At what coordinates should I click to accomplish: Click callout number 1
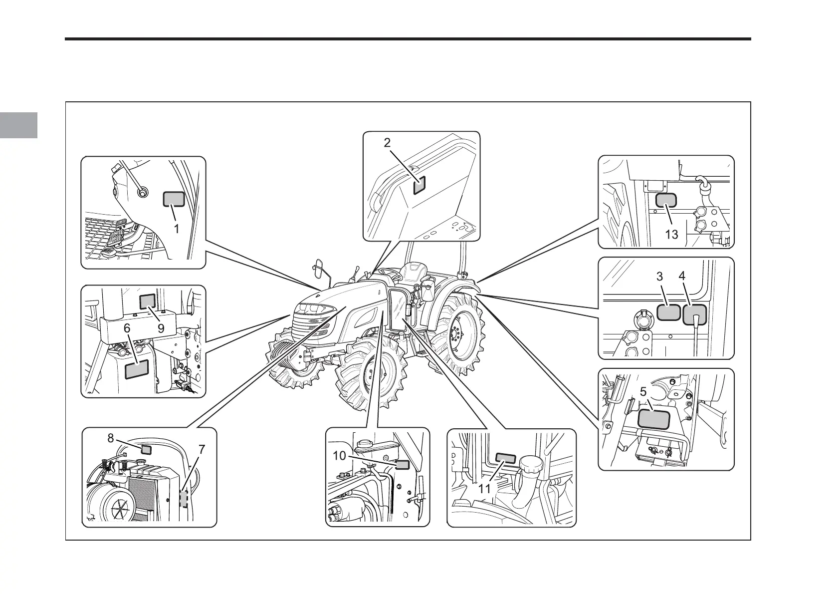176,230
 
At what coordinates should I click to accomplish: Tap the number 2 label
387,143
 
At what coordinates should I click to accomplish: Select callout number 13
672,234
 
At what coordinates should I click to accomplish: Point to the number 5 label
643,392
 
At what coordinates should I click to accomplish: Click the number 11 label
484,489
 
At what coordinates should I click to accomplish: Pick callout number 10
339,455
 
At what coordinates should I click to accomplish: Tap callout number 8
111,438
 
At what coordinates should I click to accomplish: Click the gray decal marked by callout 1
174,200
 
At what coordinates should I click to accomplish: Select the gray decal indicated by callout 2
419,185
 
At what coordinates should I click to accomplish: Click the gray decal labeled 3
669,312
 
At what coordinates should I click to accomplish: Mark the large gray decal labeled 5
654,419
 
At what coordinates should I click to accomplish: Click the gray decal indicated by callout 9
148,301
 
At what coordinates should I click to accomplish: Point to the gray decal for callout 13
665,201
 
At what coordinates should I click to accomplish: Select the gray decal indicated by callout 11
506,459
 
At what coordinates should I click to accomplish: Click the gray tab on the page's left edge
18,125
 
